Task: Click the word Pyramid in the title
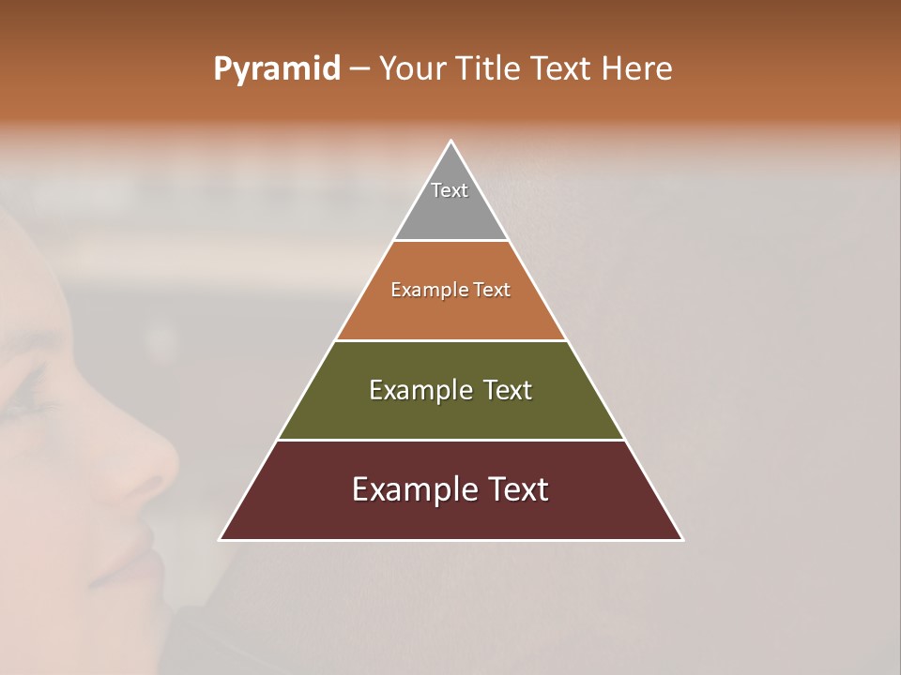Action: click(x=276, y=69)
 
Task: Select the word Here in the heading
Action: click(x=636, y=69)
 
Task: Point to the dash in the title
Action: click(x=359, y=69)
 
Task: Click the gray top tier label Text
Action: click(x=450, y=190)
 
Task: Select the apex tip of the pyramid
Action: click(x=451, y=142)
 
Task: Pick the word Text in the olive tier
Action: click(x=508, y=390)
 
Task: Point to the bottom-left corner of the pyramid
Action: click(x=221, y=539)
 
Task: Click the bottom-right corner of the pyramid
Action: click(x=682, y=539)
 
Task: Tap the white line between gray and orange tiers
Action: click(x=451, y=241)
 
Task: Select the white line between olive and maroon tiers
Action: click(x=451, y=440)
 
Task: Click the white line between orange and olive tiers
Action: click(x=451, y=340)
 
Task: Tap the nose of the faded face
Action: click(x=155, y=459)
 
